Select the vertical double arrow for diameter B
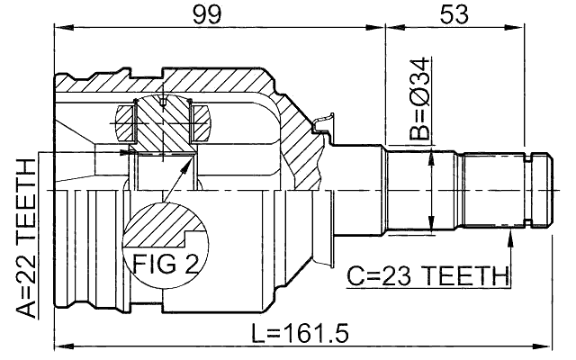(x=434, y=189)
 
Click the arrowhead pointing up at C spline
(x=511, y=235)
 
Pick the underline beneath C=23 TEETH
(x=428, y=287)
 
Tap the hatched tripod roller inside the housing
(x=162, y=117)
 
